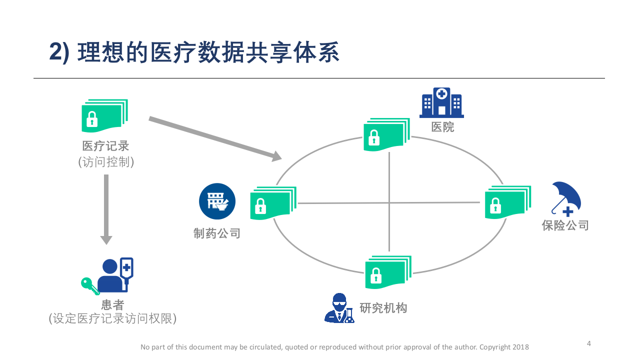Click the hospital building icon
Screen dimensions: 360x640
[x=441, y=103]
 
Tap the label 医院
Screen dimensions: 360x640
[x=442, y=127]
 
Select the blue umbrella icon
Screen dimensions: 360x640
[x=566, y=198]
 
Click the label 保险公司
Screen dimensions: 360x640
[x=565, y=225]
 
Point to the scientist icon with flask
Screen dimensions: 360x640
[x=339, y=308]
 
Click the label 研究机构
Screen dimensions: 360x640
[x=383, y=308]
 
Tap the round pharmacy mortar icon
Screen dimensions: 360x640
[x=217, y=201]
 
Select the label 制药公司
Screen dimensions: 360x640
[x=217, y=233]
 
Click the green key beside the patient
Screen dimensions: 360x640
[x=89, y=285]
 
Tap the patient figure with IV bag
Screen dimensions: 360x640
[x=116, y=275]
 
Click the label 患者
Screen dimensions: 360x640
[x=112, y=304]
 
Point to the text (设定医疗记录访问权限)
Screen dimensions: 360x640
[x=112, y=318]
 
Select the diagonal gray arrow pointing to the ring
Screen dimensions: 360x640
[x=215, y=138]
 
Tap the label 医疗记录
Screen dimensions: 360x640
[x=106, y=146]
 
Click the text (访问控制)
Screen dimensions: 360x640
[x=106, y=162]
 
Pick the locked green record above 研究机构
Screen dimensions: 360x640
[x=387, y=272]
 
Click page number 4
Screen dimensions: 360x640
[x=588, y=343]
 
